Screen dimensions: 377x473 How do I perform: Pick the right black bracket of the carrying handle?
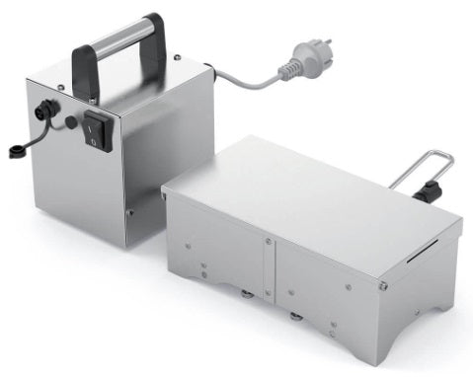156,44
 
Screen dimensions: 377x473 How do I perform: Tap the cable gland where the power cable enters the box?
209,72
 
